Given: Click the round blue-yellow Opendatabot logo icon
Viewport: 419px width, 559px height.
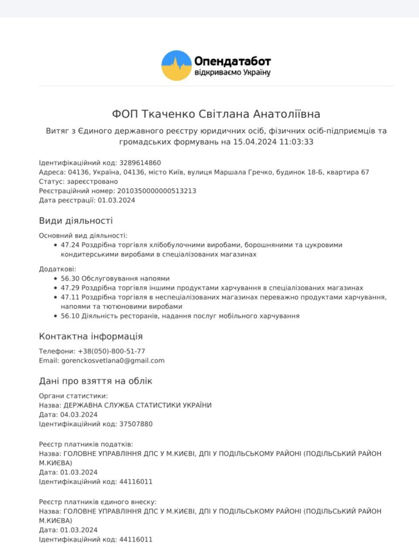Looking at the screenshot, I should [176, 66].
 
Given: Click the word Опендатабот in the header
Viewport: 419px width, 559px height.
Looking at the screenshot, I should [232, 62].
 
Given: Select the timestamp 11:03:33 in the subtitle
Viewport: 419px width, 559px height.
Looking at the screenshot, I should [296, 141].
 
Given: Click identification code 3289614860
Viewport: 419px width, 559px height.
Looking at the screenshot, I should [140, 162].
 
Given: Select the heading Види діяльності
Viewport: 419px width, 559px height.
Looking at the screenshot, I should [76, 221].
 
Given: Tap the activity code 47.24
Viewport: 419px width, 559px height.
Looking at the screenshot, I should [70, 245].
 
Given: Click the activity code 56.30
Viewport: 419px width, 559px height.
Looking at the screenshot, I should [70, 278].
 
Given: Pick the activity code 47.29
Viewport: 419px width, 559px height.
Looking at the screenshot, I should [70, 288].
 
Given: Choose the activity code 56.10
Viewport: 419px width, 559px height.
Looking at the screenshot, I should [70, 316].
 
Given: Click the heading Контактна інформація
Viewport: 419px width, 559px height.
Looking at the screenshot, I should [91, 336].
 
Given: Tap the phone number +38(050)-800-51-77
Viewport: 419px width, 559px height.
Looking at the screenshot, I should [111, 351].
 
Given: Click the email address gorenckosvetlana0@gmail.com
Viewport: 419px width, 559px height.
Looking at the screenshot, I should [113, 361].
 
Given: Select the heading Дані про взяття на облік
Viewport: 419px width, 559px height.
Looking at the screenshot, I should [96, 381].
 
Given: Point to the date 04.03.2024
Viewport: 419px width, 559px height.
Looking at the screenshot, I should [79, 414].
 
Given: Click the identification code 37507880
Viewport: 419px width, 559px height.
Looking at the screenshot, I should [136, 424].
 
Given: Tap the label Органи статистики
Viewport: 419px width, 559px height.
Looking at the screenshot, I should [73, 396].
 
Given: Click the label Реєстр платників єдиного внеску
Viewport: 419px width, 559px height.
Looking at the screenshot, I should [97, 502].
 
